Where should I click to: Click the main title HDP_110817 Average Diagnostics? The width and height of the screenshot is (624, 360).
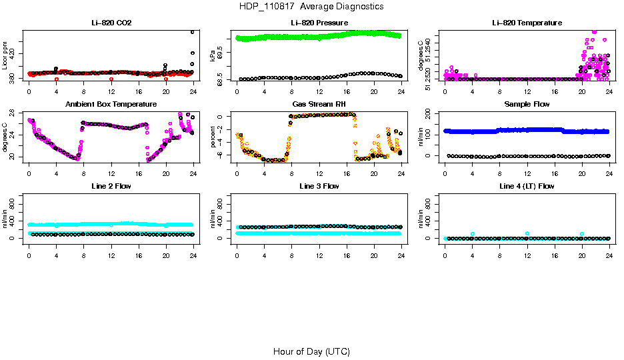[311, 7]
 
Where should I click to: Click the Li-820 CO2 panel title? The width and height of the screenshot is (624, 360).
[111, 23]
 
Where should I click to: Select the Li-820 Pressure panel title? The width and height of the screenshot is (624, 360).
[319, 23]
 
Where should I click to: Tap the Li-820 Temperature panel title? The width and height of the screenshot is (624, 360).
[527, 23]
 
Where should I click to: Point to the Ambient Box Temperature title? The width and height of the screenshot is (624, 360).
[111, 104]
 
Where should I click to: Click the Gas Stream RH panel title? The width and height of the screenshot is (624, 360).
[319, 104]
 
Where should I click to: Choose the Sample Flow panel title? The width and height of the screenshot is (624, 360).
[527, 104]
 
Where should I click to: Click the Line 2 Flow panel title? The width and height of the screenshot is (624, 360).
[111, 186]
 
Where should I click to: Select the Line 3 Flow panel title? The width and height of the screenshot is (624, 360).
[319, 186]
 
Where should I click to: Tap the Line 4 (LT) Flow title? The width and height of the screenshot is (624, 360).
[527, 186]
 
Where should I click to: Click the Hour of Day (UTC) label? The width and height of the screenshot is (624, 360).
[311, 351]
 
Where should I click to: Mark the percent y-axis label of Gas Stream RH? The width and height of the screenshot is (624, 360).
[213, 137]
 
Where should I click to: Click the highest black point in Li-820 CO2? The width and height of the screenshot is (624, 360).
[193, 32]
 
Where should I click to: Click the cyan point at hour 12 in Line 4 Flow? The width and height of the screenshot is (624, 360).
[527, 233]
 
